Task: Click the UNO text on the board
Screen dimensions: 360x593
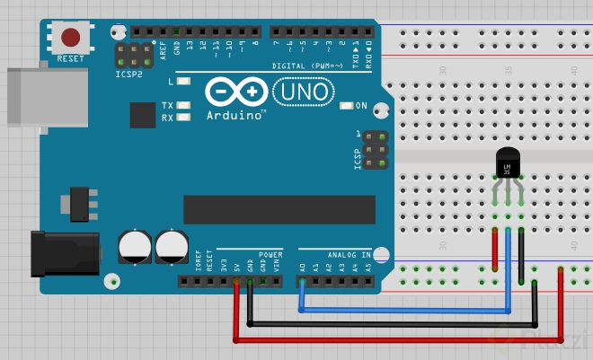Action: (303, 92)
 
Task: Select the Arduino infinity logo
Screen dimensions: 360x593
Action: (235, 92)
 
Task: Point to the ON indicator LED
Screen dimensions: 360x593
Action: (348, 106)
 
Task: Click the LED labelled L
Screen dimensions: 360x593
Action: (184, 82)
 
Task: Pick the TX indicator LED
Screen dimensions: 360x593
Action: (184, 106)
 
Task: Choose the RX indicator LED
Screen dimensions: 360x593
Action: (184, 118)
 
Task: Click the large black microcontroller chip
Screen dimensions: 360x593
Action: (279, 208)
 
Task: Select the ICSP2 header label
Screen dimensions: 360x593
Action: (129, 74)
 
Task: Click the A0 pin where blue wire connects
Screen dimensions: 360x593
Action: (303, 281)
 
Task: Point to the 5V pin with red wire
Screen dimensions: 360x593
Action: (236, 281)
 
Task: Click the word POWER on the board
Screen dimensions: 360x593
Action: (270, 254)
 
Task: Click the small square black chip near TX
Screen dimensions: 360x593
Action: (142, 115)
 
